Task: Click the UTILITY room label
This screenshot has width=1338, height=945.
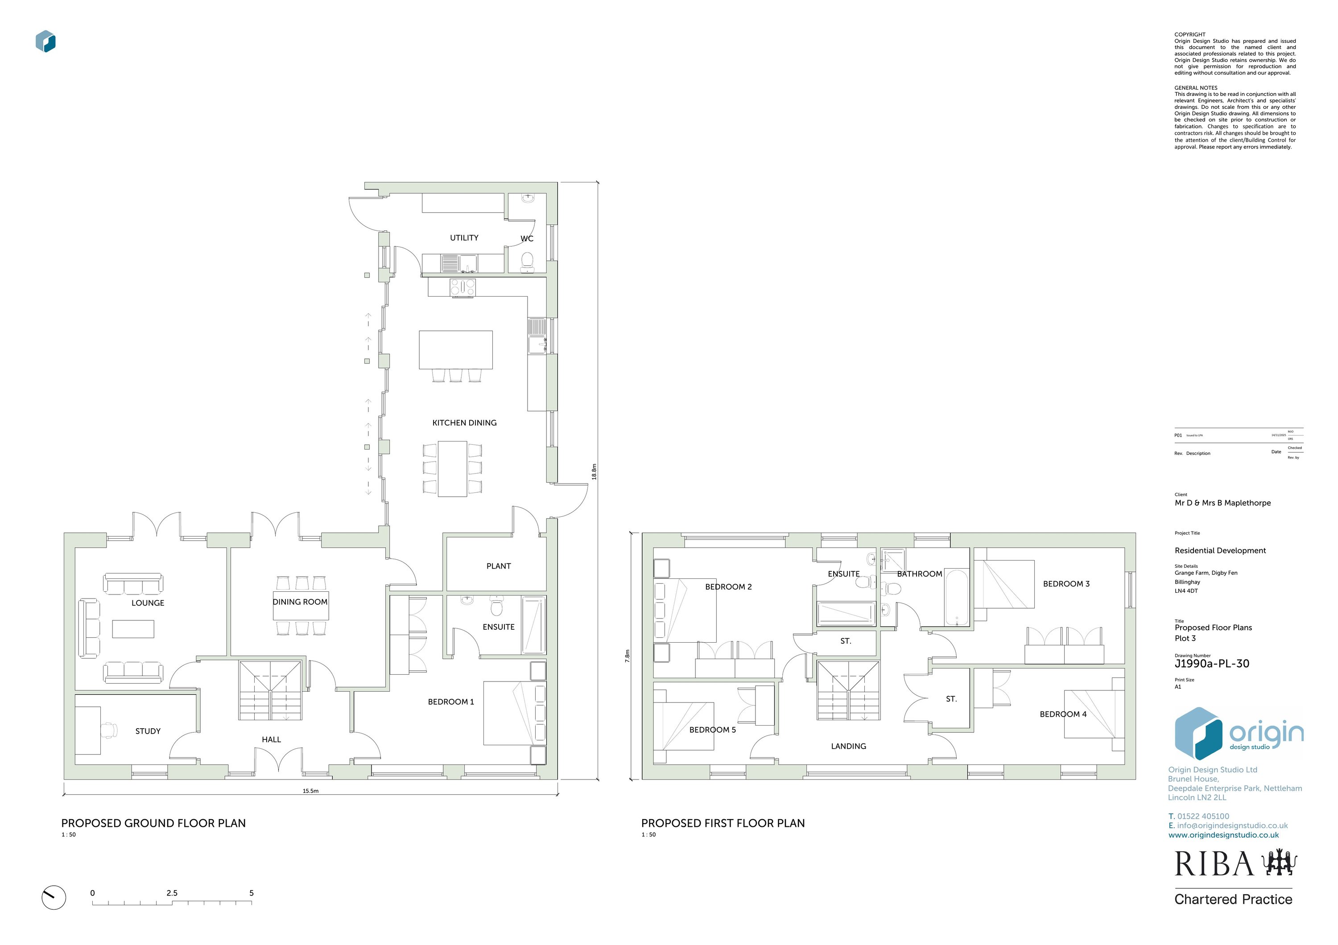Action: (464, 238)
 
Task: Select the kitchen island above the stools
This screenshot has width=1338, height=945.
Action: (456, 350)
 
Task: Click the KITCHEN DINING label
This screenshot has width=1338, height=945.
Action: (464, 423)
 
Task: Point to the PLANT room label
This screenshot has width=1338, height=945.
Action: (498, 566)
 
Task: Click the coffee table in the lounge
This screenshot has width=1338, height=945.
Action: (133, 629)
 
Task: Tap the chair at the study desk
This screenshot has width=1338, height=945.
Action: (108, 730)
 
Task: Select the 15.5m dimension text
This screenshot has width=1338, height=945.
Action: (310, 791)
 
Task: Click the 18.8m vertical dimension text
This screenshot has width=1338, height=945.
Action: (594, 471)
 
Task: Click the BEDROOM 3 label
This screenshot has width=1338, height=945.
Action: (1066, 584)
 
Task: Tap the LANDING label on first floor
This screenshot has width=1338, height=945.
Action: (848, 747)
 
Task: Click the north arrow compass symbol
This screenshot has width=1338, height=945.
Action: (54, 898)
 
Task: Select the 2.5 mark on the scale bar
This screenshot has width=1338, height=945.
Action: (172, 893)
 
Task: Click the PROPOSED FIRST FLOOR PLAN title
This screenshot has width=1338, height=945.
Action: (723, 823)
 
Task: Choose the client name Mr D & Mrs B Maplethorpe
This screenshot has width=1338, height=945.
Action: (1222, 503)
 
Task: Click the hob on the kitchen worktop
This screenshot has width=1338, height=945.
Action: (463, 287)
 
